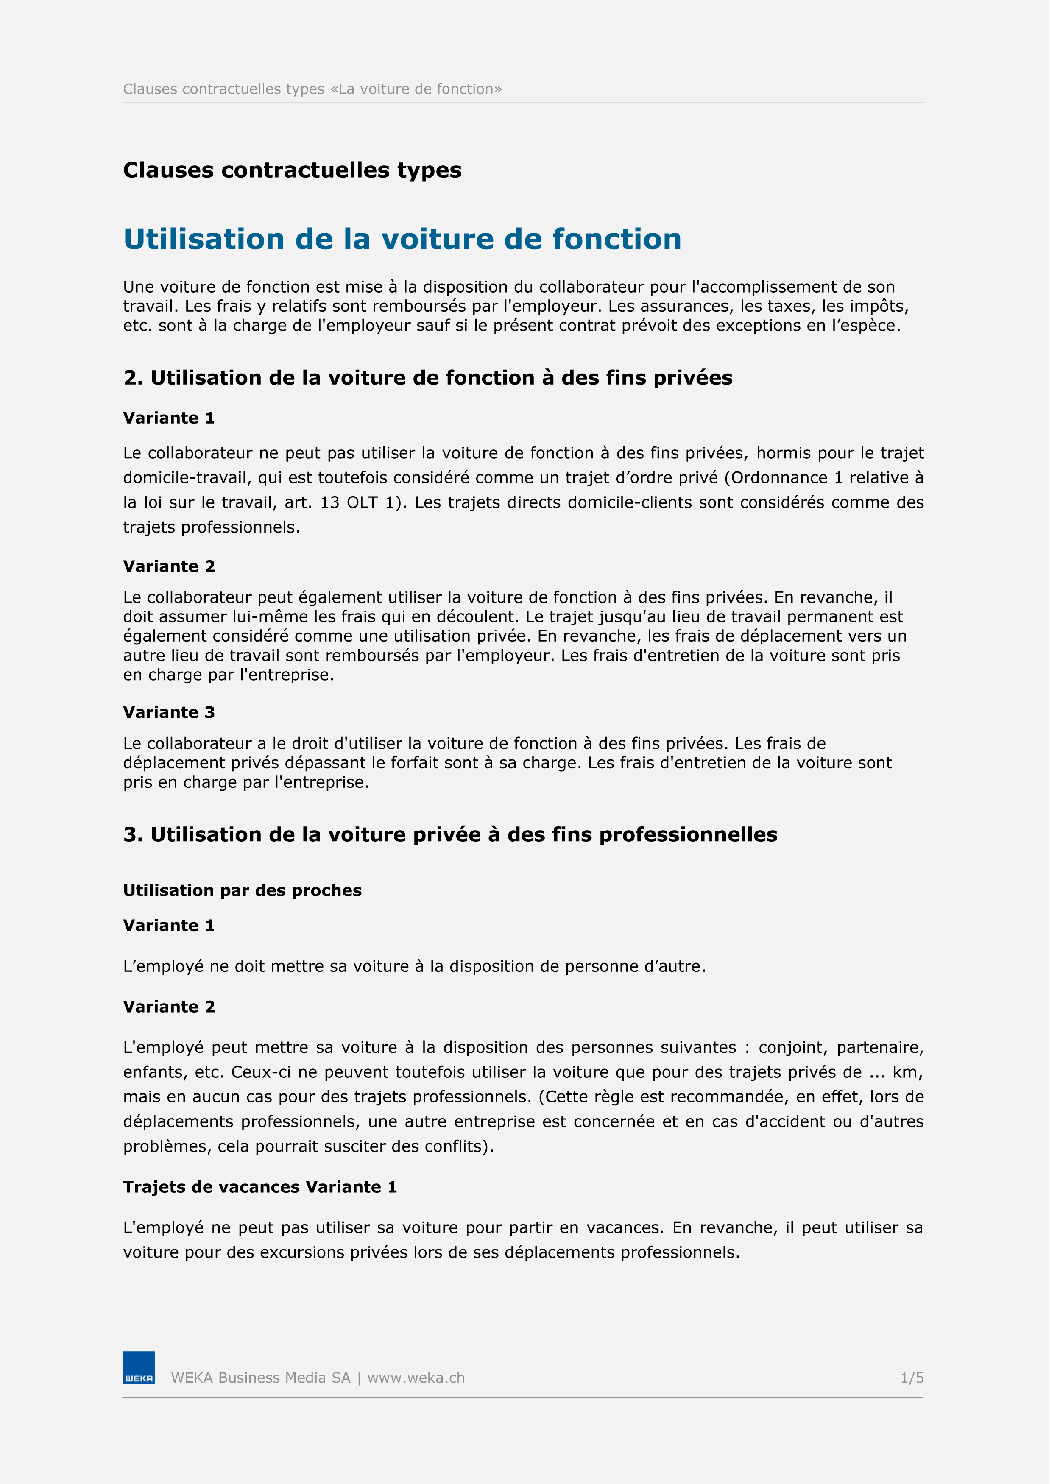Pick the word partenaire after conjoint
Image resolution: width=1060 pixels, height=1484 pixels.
pos(881,1047)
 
